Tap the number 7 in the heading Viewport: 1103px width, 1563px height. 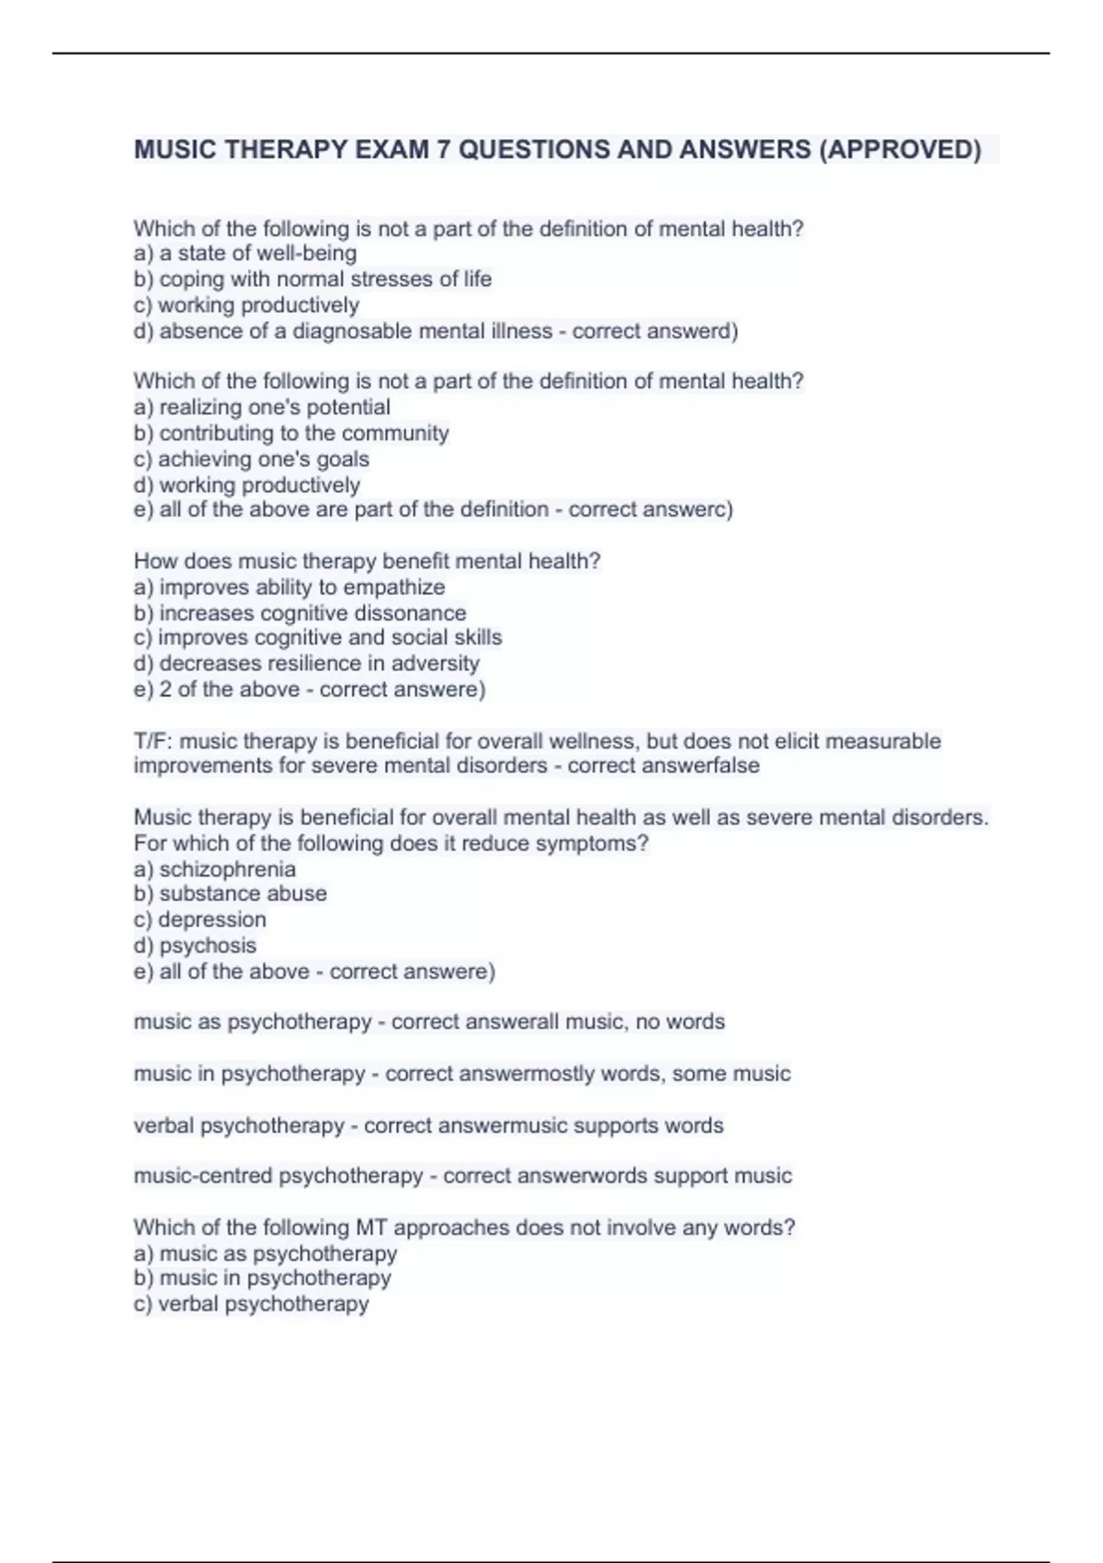(x=443, y=149)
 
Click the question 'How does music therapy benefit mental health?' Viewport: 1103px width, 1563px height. (x=367, y=561)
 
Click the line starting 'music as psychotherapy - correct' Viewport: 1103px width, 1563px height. (x=429, y=1021)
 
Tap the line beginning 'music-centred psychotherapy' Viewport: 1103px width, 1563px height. (x=462, y=1176)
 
